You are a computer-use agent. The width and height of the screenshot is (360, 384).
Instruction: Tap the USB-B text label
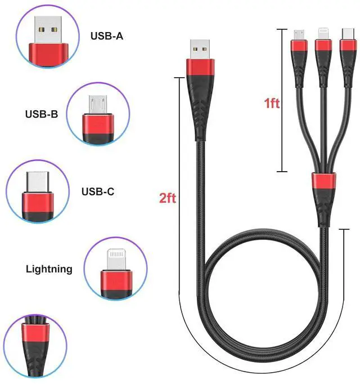coord(41,114)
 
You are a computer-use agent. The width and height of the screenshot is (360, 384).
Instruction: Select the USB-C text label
coord(98,192)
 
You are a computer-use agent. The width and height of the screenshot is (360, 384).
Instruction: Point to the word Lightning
coord(49,269)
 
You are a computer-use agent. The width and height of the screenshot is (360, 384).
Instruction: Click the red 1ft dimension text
coord(272,104)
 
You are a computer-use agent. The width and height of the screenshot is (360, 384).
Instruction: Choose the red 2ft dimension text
coord(168,198)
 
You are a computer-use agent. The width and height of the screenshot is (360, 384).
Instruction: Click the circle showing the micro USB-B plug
coord(98,114)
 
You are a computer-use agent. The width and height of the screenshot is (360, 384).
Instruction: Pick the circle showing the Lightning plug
coord(116,269)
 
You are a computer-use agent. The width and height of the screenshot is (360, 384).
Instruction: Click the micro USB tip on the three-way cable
coord(299,34)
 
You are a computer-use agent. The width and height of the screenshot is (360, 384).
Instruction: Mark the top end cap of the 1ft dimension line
coord(283,28)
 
